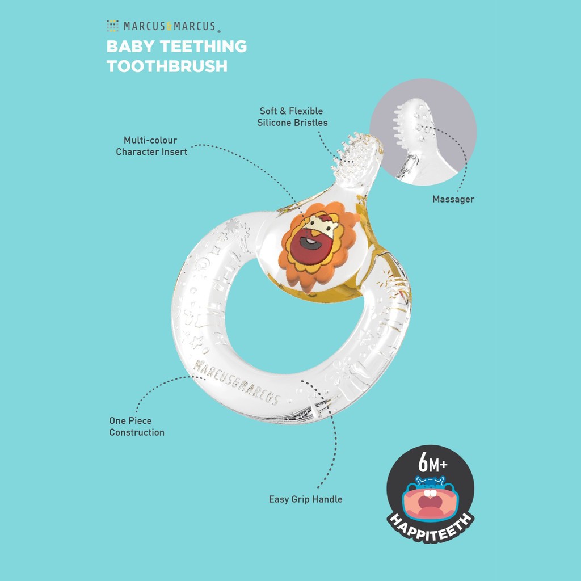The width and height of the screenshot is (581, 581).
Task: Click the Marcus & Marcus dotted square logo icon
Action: point(113,26)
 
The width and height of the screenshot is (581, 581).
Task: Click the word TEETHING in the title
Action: point(203,47)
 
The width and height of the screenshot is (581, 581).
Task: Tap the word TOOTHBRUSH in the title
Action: point(167,66)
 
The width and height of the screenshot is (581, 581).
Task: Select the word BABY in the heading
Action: point(130,47)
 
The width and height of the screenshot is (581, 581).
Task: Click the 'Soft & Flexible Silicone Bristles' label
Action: point(292,117)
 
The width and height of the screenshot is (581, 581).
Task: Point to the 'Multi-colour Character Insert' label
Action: point(151,146)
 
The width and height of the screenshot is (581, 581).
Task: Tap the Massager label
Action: point(453,199)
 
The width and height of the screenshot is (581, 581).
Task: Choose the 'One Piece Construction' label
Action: point(137,427)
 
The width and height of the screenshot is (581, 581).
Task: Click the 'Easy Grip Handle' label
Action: point(306,499)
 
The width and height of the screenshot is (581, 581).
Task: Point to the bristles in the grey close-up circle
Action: point(399,125)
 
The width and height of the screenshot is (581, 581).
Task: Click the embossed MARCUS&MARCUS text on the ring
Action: point(237,382)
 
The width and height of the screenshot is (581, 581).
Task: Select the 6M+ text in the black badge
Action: point(433,462)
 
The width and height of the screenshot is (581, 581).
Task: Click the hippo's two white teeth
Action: point(430,493)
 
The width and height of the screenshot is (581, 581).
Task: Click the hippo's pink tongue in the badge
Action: point(430,512)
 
